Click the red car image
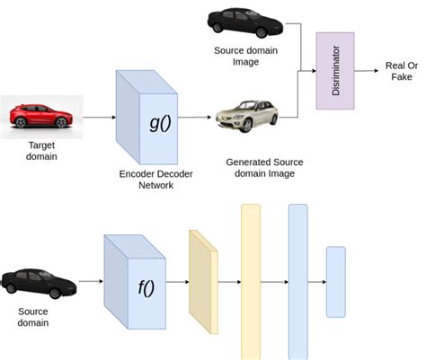coord(41,116)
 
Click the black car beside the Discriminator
coord(242,21)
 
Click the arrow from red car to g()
coord(99,117)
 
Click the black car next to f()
coord(38,282)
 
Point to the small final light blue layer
coord(335,281)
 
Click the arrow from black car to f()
coord(90,281)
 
